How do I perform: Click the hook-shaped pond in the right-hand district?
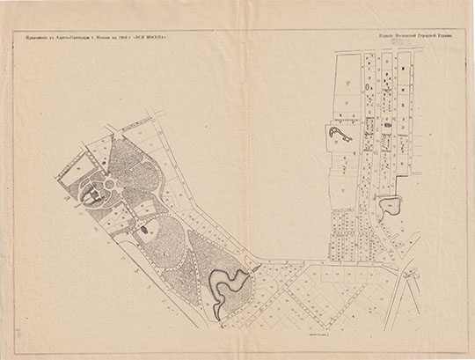[x=338, y=134]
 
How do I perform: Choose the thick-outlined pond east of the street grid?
[x=388, y=207]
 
